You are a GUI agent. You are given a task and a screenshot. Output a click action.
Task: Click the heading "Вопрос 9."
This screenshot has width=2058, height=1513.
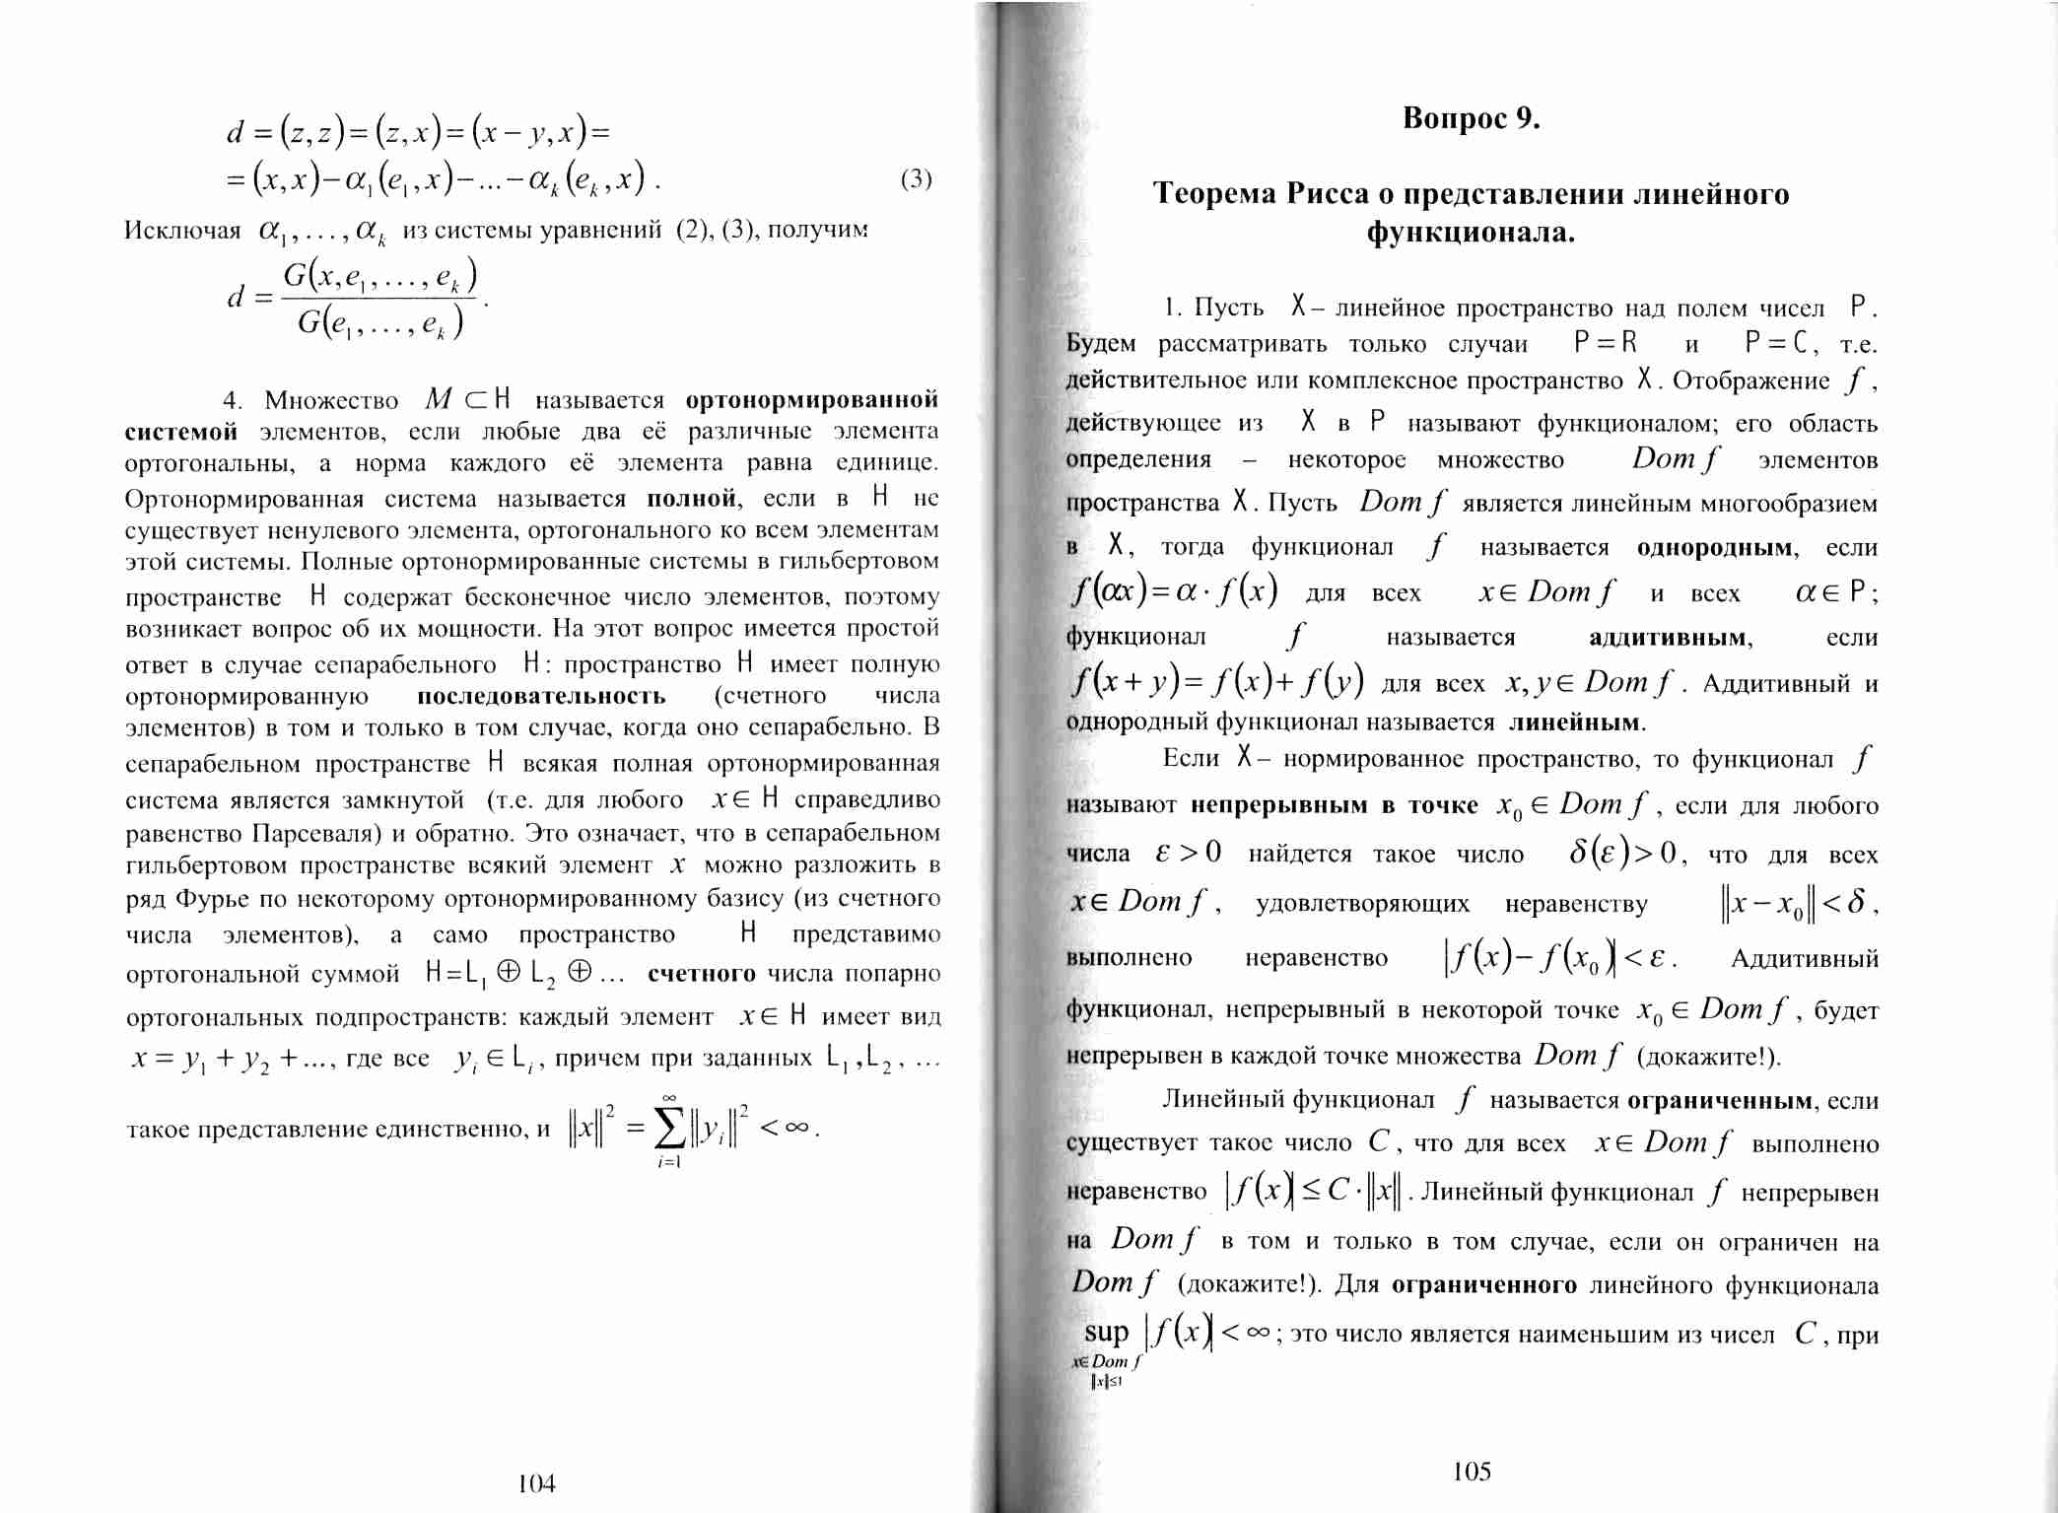pos(1471,119)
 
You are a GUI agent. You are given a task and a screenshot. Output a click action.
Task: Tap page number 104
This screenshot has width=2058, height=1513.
pos(536,1483)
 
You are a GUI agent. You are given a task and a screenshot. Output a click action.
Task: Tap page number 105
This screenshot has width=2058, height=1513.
pos(1472,1472)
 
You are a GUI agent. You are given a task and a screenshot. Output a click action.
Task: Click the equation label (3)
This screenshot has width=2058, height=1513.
pos(916,178)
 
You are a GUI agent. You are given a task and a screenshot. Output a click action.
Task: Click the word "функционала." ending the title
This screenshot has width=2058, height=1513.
pos(1471,233)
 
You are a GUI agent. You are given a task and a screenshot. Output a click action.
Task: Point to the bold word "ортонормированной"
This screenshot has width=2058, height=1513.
pos(811,400)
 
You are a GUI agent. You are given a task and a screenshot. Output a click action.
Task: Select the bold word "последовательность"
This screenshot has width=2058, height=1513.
pos(541,696)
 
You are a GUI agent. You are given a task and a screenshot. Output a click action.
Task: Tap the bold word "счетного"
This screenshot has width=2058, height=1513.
pos(701,974)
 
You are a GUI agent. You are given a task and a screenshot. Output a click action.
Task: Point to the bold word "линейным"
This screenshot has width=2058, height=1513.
pos(1576,722)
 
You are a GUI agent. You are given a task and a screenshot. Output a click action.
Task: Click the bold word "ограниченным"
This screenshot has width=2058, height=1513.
pos(1720,1101)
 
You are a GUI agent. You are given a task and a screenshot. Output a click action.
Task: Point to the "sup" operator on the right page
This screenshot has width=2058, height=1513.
pos(1106,1333)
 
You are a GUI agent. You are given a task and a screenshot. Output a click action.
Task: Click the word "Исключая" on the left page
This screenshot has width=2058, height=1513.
pos(182,231)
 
